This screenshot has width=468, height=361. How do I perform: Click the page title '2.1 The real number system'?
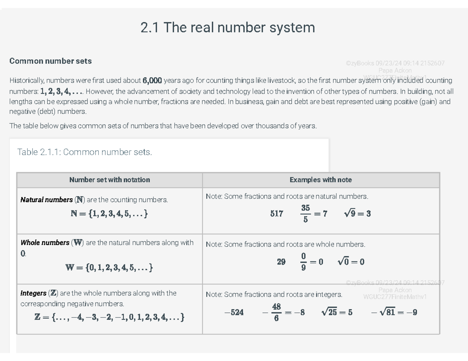click(x=227, y=28)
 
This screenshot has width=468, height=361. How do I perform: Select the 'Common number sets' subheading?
click(x=50, y=61)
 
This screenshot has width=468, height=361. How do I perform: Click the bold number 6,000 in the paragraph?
click(x=152, y=81)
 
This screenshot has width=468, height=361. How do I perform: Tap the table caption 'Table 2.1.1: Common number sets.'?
click(x=85, y=152)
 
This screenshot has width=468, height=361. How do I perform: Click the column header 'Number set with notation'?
click(x=110, y=180)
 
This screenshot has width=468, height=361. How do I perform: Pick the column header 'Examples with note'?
click(x=321, y=180)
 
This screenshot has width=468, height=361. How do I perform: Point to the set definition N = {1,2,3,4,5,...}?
click(x=109, y=214)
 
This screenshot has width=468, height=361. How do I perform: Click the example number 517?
click(x=277, y=213)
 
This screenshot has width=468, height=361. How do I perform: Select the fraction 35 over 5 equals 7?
click(x=314, y=213)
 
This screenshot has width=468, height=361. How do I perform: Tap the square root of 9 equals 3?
click(x=357, y=213)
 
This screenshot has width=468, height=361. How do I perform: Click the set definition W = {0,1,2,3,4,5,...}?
click(x=109, y=268)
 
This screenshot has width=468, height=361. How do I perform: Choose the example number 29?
click(x=281, y=262)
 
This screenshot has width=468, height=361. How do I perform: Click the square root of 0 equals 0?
click(x=351, y=262)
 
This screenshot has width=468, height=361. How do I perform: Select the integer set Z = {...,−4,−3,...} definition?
click(x=109, y=317)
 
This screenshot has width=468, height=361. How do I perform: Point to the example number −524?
click(x=234, y=312)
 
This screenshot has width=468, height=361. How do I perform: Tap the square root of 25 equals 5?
click(x=337, y=312)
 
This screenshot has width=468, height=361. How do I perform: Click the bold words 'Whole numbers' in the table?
click(x=45, y=243)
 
